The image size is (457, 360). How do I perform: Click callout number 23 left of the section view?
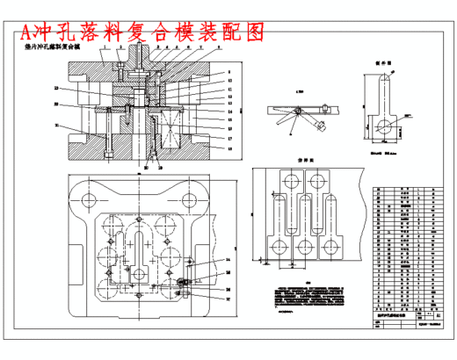pyautogui.click(x=55, y=89)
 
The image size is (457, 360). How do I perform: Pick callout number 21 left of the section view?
pyautogui.click(x=55, y=126)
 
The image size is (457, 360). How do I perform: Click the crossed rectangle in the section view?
pyautogui.click(x=164, y=135)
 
